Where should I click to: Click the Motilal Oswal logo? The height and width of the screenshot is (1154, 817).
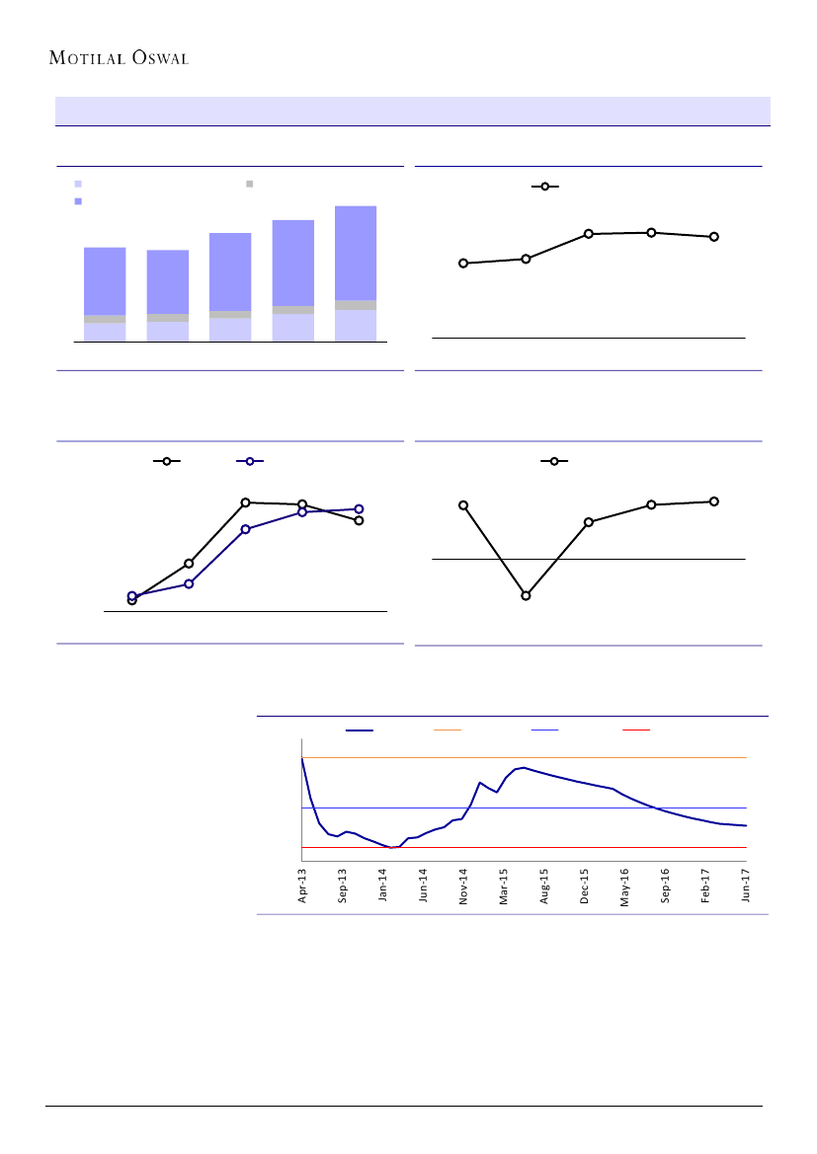pyautogui.click(x=119, y=57)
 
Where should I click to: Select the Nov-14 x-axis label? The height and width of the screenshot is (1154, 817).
pyautogui.click(x=463, y=885)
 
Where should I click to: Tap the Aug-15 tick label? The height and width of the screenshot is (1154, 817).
pyautogui.click(x=544, y=885)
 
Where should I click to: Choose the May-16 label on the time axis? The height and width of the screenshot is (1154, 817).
pyautogui.click(x=625, y=885)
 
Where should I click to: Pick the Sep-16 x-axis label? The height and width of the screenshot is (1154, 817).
pyautogui.click(x=666, y=885)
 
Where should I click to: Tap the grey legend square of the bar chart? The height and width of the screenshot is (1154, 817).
pyautogui.click(x=250, y=184)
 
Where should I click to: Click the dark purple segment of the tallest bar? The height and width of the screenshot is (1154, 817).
pyautogui.click(x=356, y=253)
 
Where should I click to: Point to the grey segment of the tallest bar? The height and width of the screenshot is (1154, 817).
pyautogui.click(x=356, y=305)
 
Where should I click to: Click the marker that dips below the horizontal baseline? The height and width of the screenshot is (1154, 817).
pyautogui.click(x=526, y=595)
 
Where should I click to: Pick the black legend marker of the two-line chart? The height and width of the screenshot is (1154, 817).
pyautogui.click(x=166, y=461)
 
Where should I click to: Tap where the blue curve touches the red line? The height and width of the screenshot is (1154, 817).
pyautogui.click(x=392, y=847)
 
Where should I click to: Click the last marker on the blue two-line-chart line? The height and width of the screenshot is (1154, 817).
pyautogui.click(x=359, y=509)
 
